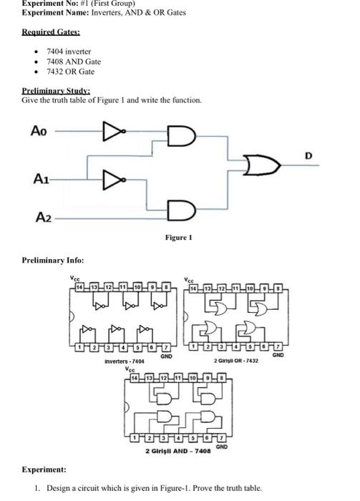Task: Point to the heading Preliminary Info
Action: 52,260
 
